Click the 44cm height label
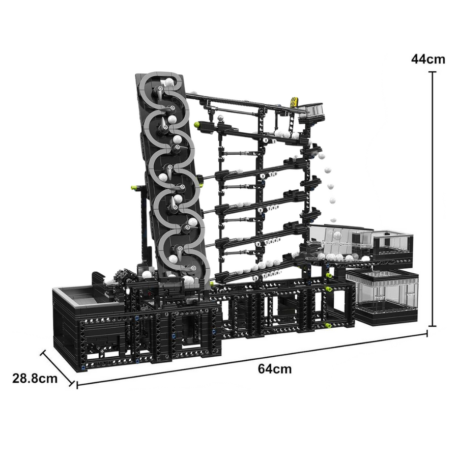tap(428, 60)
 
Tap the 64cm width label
tap(275, 369)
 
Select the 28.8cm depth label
tap(35, 379)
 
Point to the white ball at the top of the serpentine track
tap(168, 82)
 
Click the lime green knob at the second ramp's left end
tap(198, 125)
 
